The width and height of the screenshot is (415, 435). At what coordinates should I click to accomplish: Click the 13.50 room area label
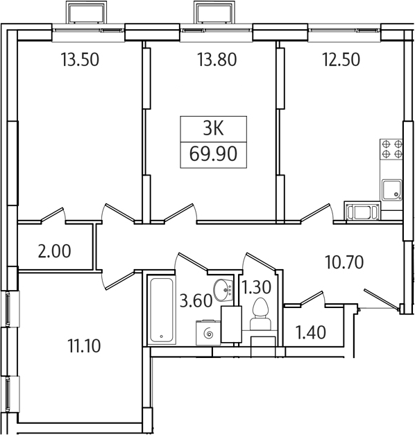pyautogui.click(x=80, y=60)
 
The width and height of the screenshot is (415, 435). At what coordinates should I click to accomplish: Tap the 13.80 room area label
pyautogui.click(x=217, y=60)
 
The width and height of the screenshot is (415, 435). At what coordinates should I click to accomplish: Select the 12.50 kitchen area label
pyautogui.click(x=341, y=60)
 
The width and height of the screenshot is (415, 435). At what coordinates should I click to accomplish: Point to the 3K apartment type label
pyautogui.click(x=213, y=129)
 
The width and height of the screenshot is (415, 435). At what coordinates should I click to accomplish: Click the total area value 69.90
pyautogui.click(x=213, y=154)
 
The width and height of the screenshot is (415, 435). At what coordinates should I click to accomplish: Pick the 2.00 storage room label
pyautogui.click(x=54, y=251)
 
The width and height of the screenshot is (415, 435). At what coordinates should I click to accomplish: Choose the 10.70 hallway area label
pyautogui.click(x=344, y=262)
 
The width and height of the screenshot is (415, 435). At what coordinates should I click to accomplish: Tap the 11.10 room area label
pyautogui.click(x=84, y=346)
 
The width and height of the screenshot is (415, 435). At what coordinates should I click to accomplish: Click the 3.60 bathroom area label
pyautogui.click(x=196, y=301)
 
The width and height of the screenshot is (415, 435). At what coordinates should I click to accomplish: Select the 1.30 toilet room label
pyautogui.click(x=257, y=287)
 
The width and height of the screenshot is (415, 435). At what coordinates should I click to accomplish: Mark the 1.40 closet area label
pyautogui.click(x=311, y=332)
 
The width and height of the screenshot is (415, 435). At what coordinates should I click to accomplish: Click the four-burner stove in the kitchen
pyautogui.click(x=391, y=149)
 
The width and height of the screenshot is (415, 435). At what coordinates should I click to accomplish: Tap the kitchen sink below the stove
pyautogui.click(x=391, y=190)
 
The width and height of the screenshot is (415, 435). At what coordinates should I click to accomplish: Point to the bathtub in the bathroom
pyautogui.click(x=161, y=310)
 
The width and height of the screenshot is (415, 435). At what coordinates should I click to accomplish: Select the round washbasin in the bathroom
pyautogui.click(x=223, y=290)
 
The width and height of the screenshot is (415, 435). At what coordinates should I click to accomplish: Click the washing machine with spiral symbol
pyautogui.click(x=208, y=333)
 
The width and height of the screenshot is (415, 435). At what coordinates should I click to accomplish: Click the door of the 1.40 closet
pyautogui.click(x=312, y=299)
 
